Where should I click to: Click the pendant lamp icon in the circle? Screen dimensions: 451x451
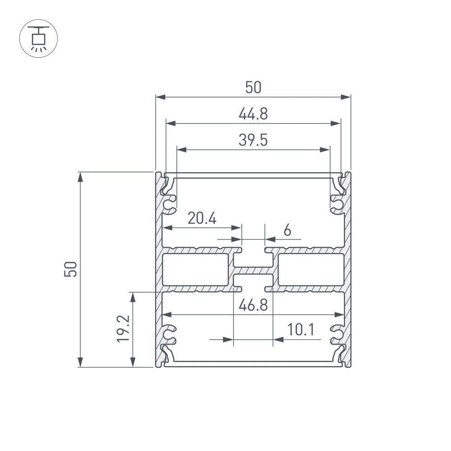(x=38, y=38)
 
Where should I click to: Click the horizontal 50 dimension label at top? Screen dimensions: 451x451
(x=253, y=87)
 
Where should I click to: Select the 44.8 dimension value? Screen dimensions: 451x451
(x=253, y=114)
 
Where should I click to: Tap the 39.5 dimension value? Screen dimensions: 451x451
(x=253, y=141)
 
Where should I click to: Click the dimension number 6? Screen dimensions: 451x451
(x=287, y=230)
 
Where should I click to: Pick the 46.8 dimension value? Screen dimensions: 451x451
(x=253, y=305)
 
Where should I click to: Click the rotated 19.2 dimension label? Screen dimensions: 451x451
(x=123, y=329)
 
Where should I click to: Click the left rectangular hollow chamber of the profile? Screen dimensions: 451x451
(x=195, y=269)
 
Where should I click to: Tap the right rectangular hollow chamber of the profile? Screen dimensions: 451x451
(x=311, y=269)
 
